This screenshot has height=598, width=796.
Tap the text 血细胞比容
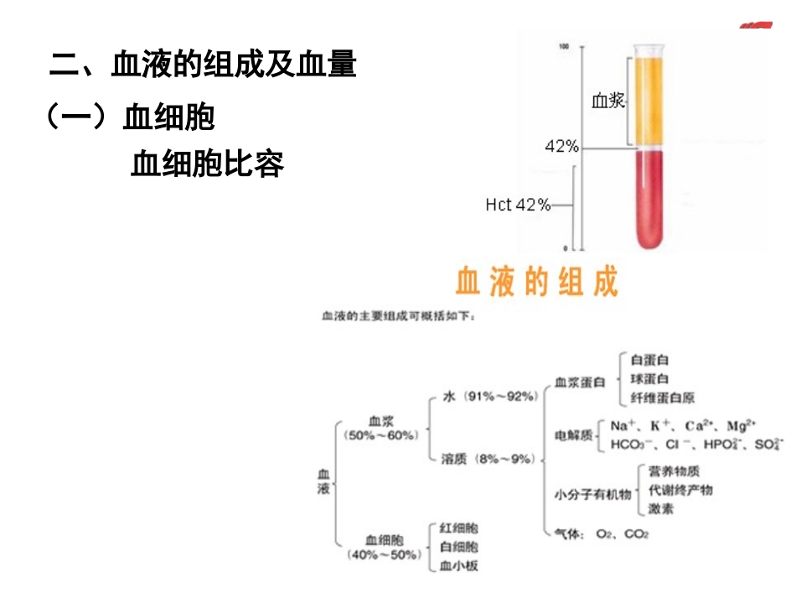click(208, 164)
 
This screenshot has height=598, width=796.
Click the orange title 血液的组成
click(536, 282)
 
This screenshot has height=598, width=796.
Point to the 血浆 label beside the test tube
click(608, 101)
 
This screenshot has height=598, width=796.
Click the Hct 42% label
click(518, 204)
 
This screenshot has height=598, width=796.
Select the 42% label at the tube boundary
click(561, 147)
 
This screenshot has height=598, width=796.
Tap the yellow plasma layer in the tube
click(650, 101)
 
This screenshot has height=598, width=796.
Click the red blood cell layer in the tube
click(650, 201)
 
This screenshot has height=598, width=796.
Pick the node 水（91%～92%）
click(489, 397)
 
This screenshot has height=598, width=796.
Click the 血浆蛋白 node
click(580, 382)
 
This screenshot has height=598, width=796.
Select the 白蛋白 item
click(649, 360)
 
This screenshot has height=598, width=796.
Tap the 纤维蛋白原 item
click(662, 398)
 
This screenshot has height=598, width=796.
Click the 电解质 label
click(574, 435)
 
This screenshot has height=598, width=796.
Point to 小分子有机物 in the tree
click(592, 495)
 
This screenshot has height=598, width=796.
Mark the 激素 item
click(660, 508)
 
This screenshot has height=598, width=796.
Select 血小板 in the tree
click(459, 565)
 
